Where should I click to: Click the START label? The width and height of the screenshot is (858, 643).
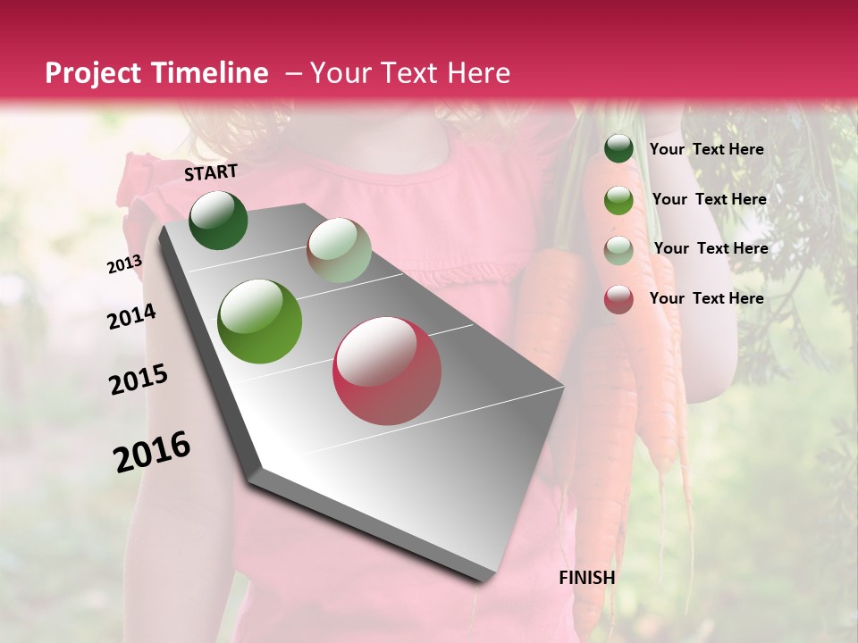click(x=211, y=172)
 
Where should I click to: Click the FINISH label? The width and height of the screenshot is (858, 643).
click(x=586, y=578)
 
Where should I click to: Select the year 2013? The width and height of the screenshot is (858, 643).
click(x=124, y=264)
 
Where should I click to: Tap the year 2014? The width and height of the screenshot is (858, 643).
click(x=131, y=316)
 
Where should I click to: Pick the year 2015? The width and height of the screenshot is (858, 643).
click(x=138, y=380)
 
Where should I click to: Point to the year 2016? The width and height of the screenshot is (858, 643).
click(x=152, y=452)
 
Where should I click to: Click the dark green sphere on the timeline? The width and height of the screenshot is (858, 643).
click(x=218, y=220)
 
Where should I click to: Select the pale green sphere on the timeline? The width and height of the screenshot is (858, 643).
click(x=339, y=250)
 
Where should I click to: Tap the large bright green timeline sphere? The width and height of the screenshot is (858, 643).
click(x=260, y=321)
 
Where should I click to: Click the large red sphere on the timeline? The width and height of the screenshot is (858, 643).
click(x=387, y=371)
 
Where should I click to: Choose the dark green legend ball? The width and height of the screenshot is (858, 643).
click(x=618, y=149)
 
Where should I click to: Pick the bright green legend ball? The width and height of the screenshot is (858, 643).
click(x=618, y=200)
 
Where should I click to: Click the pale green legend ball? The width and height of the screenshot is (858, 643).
click(x=618, y=250)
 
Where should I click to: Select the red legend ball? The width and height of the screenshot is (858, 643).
click(x=618, y=299)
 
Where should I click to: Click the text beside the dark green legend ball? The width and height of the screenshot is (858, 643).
click(x=706, y=149)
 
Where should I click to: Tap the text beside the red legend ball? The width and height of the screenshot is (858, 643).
click(x=706, y=298)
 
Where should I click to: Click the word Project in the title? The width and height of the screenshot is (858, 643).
click(x=94, y=73)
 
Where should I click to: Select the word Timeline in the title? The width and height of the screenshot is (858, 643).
click(x=212, y=73)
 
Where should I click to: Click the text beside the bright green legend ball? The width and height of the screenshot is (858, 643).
click(x=709, y=199)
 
